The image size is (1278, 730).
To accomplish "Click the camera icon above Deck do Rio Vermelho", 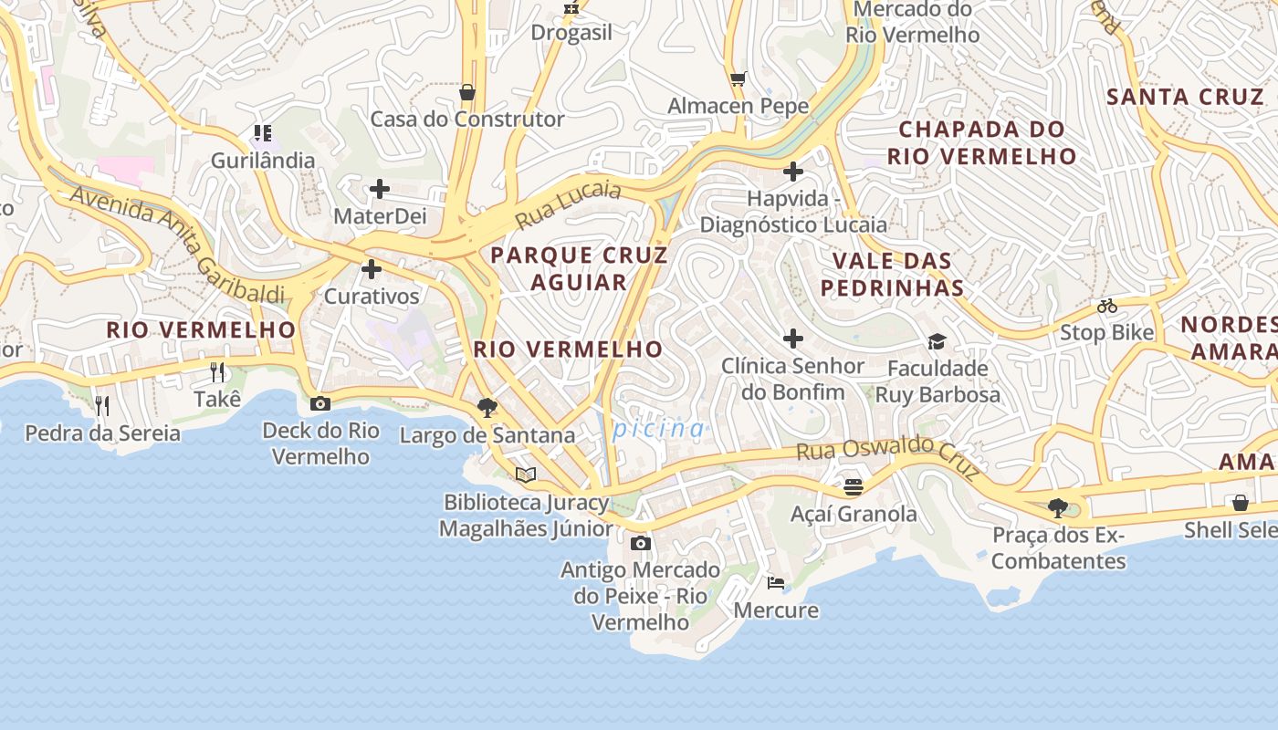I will pyautogui.click(x=320, y=403).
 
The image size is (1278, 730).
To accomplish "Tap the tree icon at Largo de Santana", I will pyautogui.click(x=487, y=408).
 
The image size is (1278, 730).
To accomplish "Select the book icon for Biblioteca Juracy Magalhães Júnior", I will pyautogui.click(x=525, y=474).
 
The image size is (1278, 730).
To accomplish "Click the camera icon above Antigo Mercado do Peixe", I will pyautogui.click(x=641, y=543).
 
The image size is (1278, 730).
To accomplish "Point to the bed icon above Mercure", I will pyautogui.click(x=776, y=582).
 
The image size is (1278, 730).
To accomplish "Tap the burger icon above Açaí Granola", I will pyautogui.click(x=854, y=487).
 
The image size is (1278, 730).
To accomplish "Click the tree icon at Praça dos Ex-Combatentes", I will pyautogui.click(x=1058, y=507).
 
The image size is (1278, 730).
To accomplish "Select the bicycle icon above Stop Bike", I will pyautogui.click(x=1107, y=306).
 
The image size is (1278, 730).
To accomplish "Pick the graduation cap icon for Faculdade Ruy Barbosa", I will pyautogui.click(x=937, y=342).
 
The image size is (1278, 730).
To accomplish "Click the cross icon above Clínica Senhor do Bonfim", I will pyautogui.click(x=793, y=339).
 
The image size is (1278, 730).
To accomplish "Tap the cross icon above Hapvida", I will pyautogui.click(x=793, y=171).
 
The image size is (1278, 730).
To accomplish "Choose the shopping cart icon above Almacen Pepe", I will pyautogui.click(x=738, y=79).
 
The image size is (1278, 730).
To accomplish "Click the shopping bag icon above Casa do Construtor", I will pyautogui.click(x=467, y=92).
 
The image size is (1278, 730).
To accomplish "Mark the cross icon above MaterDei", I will pyautogui.click(x=380, y=189).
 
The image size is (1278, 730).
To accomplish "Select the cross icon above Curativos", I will pyautogui.click(x=372, y=269).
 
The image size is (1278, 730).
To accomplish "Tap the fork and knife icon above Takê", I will pyautogui.click(x=217, y=371).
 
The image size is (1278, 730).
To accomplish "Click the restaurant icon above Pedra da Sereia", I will pyautogui.click(x=102, y=405).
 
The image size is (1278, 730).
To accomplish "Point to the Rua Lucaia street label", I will pyautogui.click(x=568, y=204).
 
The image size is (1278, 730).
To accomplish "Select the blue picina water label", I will pyautogui.click(x=659, y=429).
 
